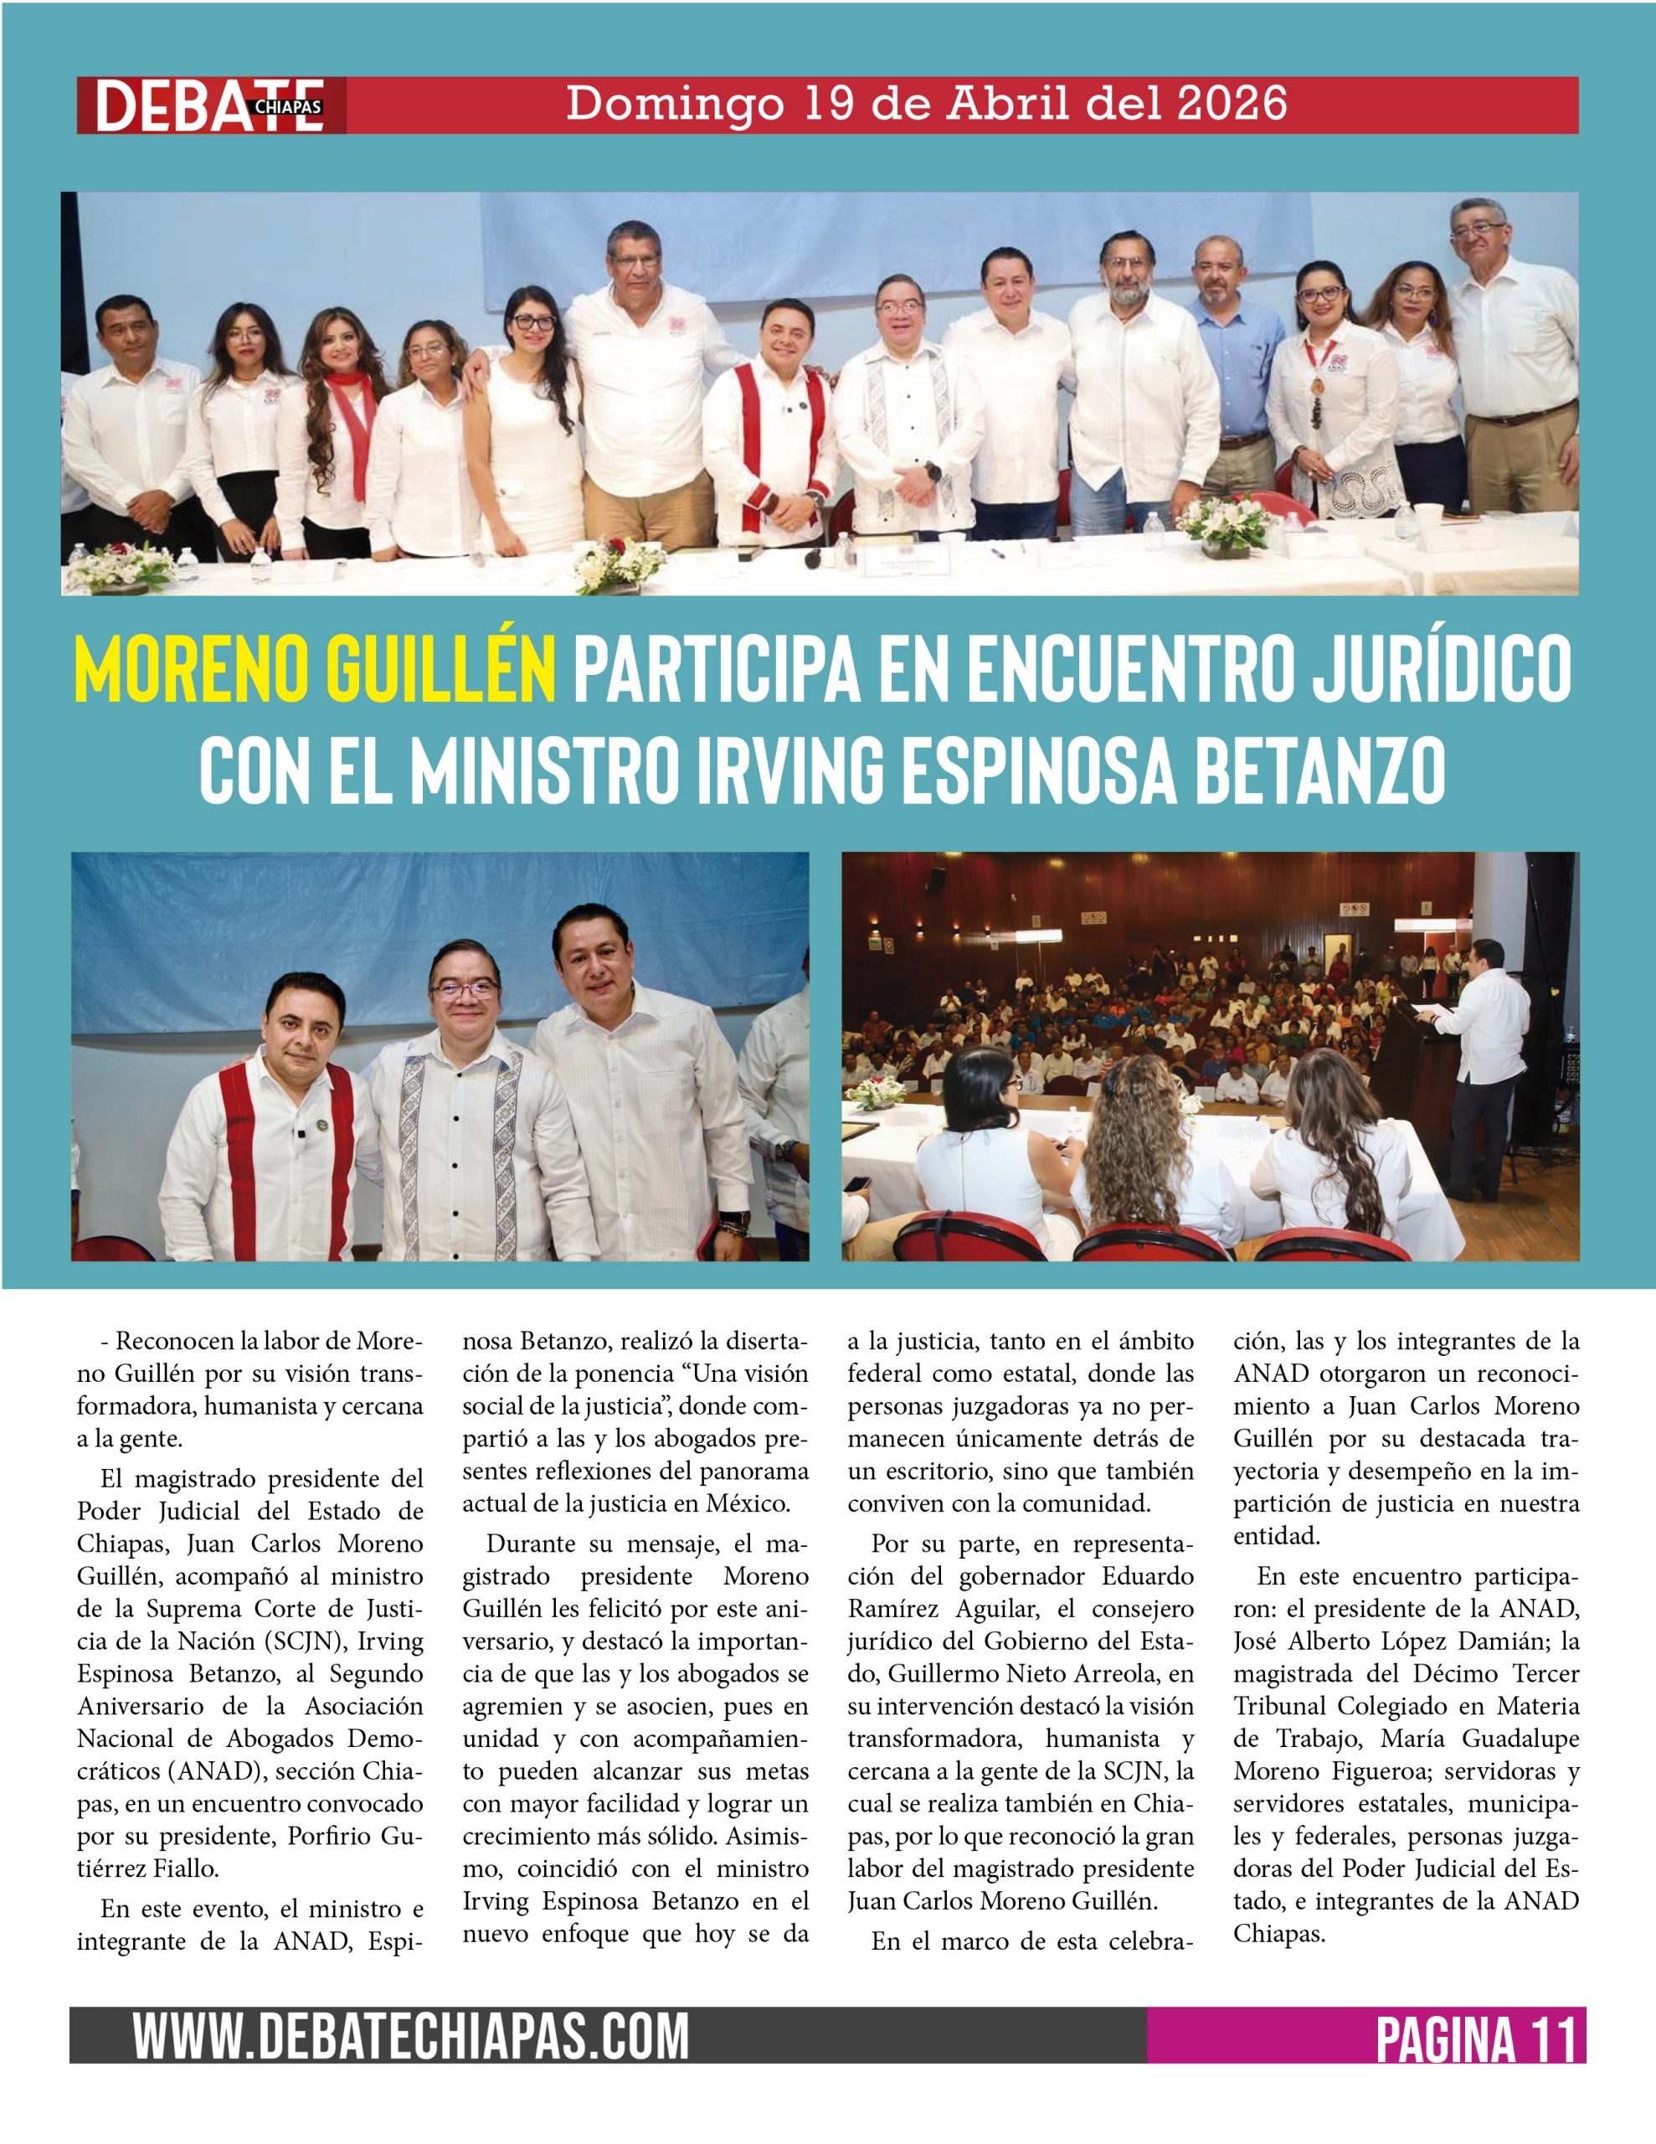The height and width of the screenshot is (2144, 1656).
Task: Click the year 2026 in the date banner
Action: [x=1231, y=104]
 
